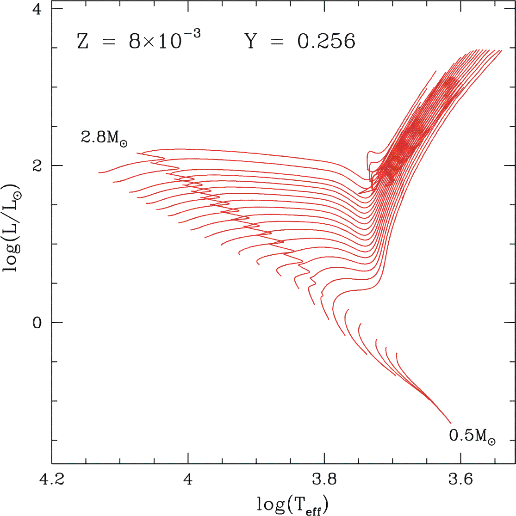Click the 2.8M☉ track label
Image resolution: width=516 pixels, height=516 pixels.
(x=105, y=138)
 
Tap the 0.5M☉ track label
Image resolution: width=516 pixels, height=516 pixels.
(x=472, y=436)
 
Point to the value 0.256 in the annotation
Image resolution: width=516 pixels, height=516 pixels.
(x=326, y=42)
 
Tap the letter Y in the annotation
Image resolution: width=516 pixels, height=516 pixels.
(x=250, y=42)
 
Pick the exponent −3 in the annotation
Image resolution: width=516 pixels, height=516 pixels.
(x=192, y=35)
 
